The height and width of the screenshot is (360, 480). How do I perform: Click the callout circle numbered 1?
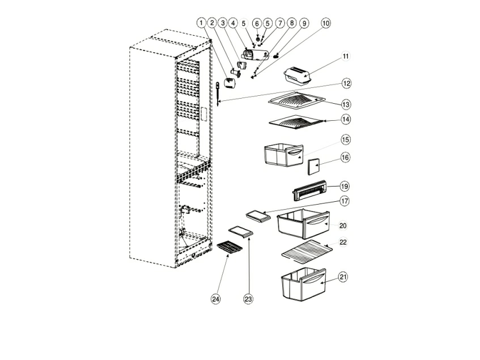(201, 23)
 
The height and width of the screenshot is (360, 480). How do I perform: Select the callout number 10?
(326, 23)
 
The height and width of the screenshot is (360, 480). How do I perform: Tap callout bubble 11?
(346, 56)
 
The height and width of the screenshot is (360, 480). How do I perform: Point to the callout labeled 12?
(346, 83)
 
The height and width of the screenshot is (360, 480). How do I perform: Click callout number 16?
(345, 158)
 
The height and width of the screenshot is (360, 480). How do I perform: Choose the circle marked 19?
(345, 186)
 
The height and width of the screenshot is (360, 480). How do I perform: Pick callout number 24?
(216, 299)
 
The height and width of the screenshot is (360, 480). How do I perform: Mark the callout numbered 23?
(248, 299)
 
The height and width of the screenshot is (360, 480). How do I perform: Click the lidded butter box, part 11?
(298, 75)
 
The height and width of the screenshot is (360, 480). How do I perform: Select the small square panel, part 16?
(314, 167)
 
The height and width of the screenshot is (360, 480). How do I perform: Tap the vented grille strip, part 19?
(309, 190)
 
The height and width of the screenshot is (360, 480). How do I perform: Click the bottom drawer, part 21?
(303, 284)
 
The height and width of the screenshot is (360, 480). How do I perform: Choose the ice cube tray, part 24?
(230, 247)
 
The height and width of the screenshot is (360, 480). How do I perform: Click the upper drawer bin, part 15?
(283, 155)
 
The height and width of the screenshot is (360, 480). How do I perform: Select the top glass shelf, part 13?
(296, 100)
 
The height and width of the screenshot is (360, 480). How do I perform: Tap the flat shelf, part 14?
(296, 122)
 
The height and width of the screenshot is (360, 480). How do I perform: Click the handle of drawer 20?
(317, 221)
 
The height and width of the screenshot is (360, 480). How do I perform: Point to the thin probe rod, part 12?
(218, 94)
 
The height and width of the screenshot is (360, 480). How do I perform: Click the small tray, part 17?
(258, 217)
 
